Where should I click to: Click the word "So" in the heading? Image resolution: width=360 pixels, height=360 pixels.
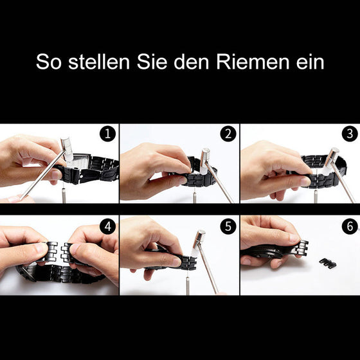tap(50, 63)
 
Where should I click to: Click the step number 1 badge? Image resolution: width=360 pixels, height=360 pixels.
tap(108, 134)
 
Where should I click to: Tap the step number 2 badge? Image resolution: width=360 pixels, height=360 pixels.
tap(228, 134)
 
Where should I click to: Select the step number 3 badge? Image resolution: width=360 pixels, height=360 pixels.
tap(348, 134)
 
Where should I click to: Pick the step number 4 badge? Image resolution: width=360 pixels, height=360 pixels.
tap(108, 226)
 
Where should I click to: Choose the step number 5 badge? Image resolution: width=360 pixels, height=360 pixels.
tap(228, 226)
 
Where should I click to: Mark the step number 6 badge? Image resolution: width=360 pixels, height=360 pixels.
tap(348, 226)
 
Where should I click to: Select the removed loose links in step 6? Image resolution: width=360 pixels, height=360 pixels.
tap(327, 263)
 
